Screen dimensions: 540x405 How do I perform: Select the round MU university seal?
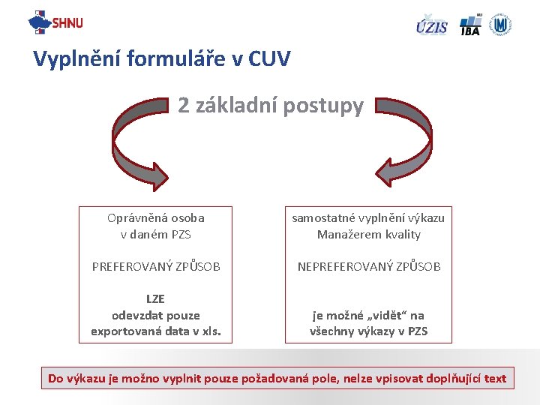(500, 25)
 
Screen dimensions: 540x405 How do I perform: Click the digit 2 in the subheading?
(184, 106)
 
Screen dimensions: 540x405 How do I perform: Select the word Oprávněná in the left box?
(136, 218)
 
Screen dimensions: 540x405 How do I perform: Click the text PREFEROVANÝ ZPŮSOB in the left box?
(156, 266)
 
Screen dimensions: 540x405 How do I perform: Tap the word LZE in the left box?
(155, 299)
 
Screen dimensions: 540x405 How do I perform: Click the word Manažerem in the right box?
(344, 234)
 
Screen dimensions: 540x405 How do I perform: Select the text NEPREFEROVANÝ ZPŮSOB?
(369, 266)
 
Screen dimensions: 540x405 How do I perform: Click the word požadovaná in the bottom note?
(277, 379)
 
